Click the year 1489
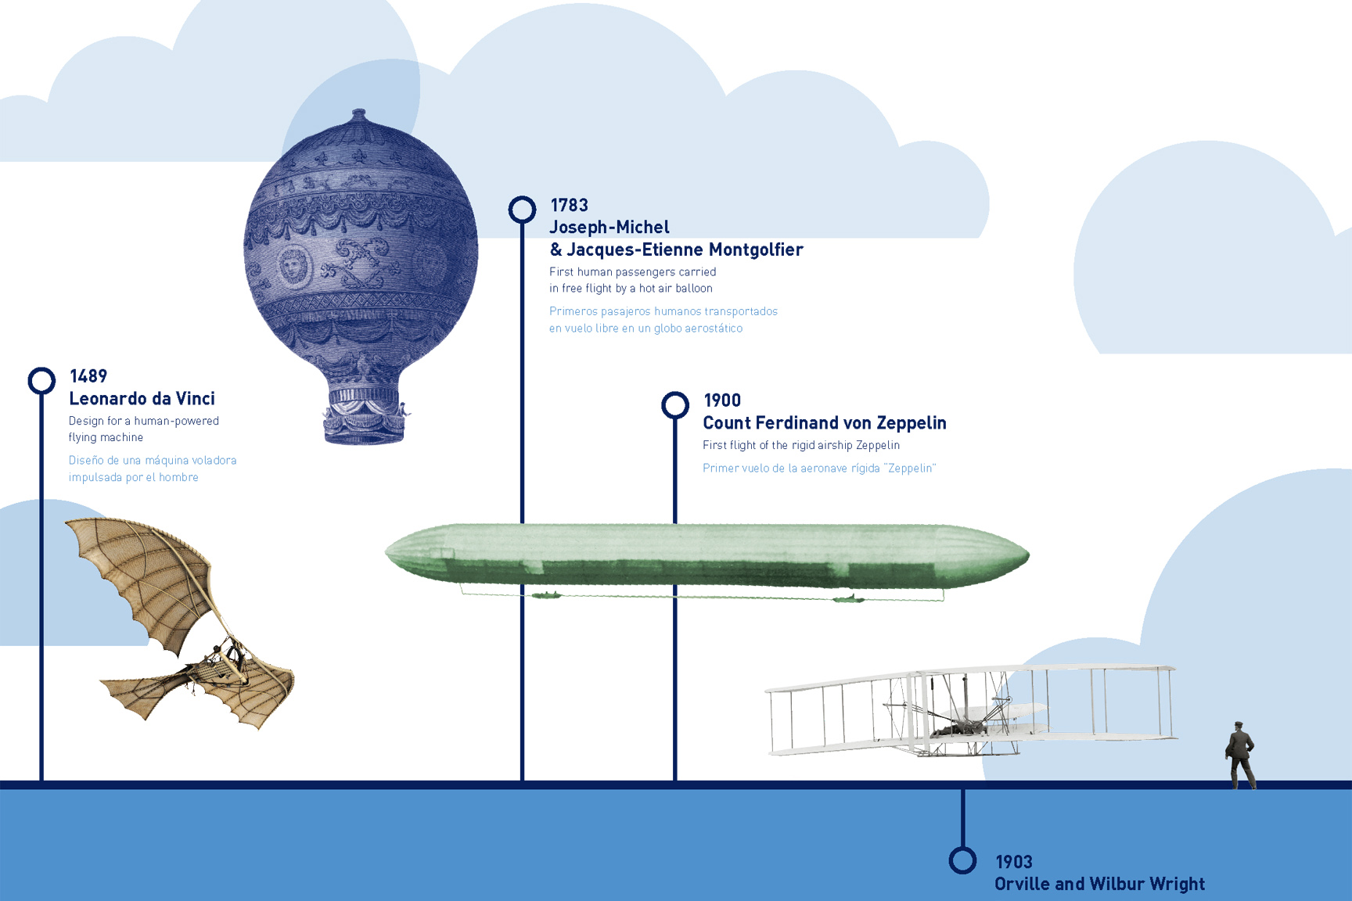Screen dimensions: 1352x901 click(x=88, y=376)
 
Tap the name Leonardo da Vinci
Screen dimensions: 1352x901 click(x=142, y=399)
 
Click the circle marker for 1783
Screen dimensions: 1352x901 click(x=522, y=210)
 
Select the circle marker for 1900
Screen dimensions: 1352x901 click(x=675, y=405)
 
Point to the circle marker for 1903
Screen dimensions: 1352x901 click(x=962, y=860)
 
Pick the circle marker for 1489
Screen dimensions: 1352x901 click(x=41, y=381)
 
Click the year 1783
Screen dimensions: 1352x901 click(x=570, y=205)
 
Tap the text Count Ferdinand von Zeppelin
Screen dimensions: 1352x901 click(x=825, y=423)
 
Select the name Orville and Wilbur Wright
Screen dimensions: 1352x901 click(x=1099, y=884)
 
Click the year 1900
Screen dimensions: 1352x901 click(x=722, y=400)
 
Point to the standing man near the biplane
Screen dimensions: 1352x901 click(x=1240, y=756)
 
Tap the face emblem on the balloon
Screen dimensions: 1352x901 click(x=293, y=266)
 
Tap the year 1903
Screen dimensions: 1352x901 click(x=1014, y=862)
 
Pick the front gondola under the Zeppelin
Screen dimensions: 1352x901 click(x=546, y=596)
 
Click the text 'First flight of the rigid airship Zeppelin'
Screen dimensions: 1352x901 click(x=801, y=446)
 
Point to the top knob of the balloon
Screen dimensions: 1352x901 click(x=359, y=114)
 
